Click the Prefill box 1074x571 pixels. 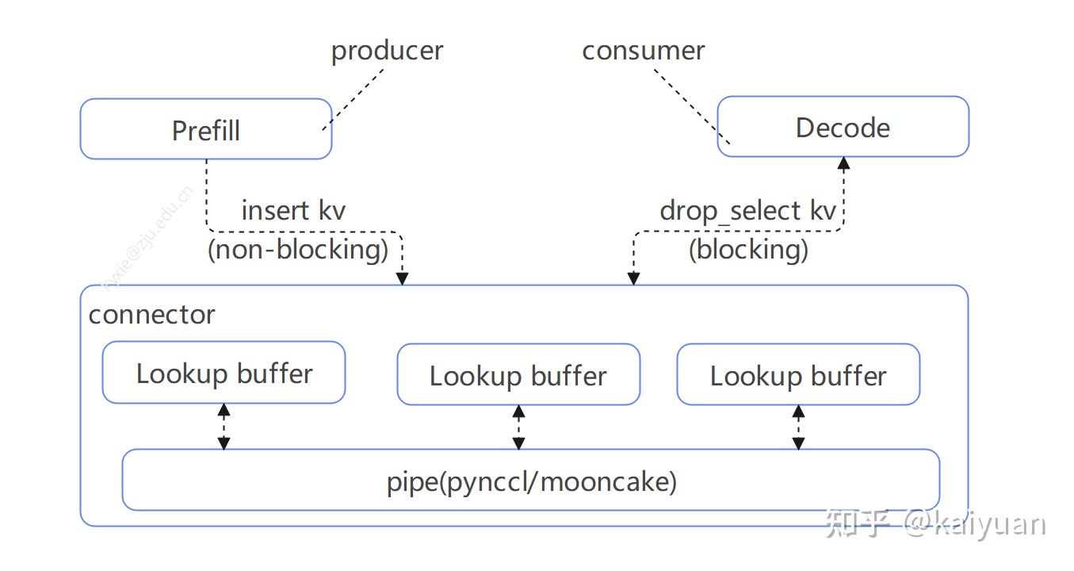click(x=205, y=129)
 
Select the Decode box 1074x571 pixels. click(x=843, y=127)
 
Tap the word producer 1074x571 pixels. click(x=387, y=51)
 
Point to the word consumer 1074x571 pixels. click(x=643, y=51)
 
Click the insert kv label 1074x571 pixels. click(x=293, y=211)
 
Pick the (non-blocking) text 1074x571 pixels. click(x=298, y=249)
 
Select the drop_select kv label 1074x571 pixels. click(x=747, y=211)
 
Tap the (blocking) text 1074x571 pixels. click(x=748, y=249)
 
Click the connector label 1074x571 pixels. click(x=151, y=315)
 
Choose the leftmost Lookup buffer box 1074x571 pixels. click(x=224, y=373)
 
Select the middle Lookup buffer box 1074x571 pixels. click(x=518, y=375)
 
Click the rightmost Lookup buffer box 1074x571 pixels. click(x=798, y=375)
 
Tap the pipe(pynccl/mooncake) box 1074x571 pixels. click(x=531, y=481)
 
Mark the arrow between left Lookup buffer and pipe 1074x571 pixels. click(x=224, y=427)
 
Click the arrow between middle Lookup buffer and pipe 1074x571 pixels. click(x=518, y=427)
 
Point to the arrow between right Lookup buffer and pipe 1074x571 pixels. click(x=798, y=427)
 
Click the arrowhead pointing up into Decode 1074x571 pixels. click(x=844, y=164)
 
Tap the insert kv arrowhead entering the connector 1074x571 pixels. click(x=403, y=278)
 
